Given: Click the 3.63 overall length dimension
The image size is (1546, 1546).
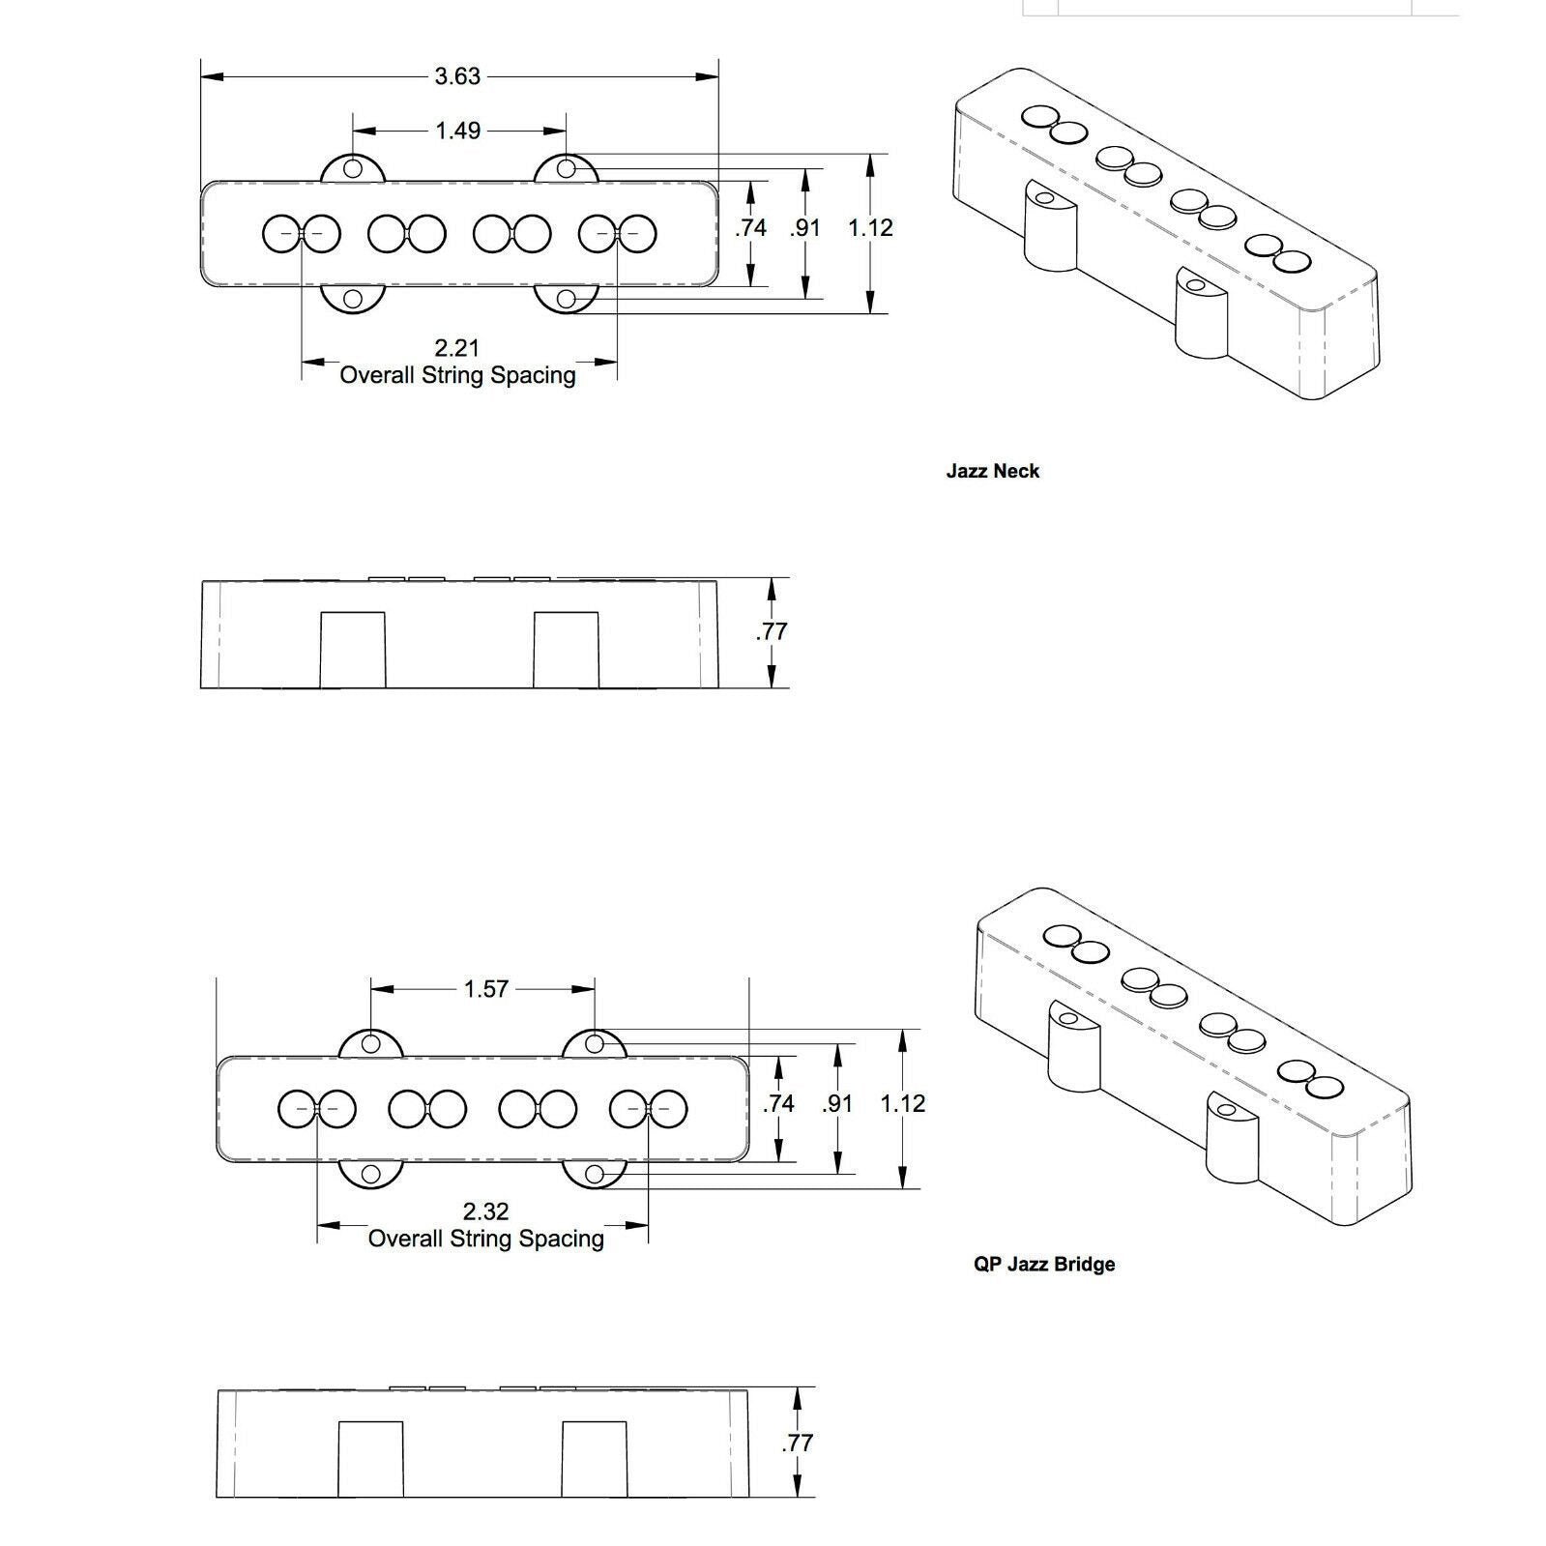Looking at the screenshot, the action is click(x=457, y=76).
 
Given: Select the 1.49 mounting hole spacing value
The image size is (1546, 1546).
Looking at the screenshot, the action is click(x=457, y=131).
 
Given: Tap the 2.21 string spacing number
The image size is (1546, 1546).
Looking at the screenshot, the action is click(x=457, y=348).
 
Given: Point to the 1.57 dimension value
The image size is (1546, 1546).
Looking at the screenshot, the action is click(x=485, y=989).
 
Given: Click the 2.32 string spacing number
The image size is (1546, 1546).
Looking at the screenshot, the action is click(x=485, y=1211).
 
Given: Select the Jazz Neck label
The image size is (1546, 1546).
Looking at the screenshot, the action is click(x=993, y=472).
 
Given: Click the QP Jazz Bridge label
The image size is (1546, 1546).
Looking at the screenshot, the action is click(x=1044, y=1265).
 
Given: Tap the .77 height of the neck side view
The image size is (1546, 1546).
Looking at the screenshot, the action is click(x=771, y=632).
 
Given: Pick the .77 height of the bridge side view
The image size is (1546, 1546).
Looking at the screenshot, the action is click(x=797, y=1443).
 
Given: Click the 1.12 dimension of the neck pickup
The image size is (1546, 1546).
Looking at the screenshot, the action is click(x=870, y=228).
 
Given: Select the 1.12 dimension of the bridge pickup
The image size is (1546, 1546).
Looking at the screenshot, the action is click(x=903, y=1103).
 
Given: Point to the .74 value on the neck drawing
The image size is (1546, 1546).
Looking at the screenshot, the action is click(x=750, y=228).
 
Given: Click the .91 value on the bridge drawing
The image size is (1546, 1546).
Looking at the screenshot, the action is click(x=837, y=1103).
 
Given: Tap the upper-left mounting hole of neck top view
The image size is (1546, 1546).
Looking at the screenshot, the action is click(x=353, y=169).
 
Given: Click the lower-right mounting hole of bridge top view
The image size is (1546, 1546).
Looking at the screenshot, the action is click(x=596, y=1175).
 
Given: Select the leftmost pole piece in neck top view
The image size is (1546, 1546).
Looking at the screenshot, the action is click(x=283, y=234).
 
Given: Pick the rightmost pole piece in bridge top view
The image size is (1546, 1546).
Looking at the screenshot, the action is click(x=668, y=1109).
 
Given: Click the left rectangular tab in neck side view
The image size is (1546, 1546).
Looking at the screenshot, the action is click(x=353, y=650).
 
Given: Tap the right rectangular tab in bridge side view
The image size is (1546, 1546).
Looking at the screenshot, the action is click(x=595, y=1459).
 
